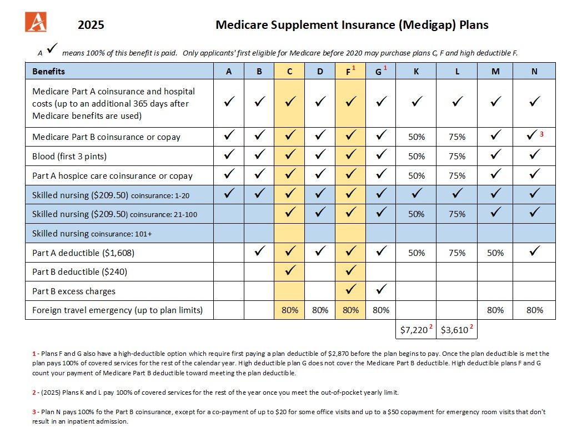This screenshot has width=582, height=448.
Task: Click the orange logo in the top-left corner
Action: click(x=36, y=22)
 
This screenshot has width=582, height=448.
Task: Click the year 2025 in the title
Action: click(x=91, y=25)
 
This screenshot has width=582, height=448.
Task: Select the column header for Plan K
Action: click(x=416, y=71)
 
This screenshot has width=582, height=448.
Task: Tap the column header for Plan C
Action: click(x=289, y=71)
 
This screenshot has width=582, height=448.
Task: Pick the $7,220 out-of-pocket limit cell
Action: click(x=416, y=330)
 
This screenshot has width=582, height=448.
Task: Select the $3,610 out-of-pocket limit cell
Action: click(x=456, y=330)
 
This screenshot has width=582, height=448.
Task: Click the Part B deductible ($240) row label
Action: click(x=80, y=272)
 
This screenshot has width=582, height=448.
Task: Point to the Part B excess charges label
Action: click(x=74, y=291)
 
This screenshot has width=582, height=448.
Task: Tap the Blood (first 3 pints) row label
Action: click(x=69, y=156)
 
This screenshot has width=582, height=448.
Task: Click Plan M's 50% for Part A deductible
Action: click(x=495, y=253)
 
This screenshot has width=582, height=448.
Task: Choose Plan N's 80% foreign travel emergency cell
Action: click(x=534, y=310)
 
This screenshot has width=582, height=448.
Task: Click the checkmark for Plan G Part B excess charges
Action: click(x=381, y=289)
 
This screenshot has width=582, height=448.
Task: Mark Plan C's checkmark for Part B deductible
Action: click(x=290, y=270)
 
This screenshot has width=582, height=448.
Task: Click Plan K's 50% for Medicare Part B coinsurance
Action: click(x=417, y=137)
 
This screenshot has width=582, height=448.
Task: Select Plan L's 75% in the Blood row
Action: click(x=457, y=156)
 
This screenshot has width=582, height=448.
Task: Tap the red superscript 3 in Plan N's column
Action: click(x=541, y=134)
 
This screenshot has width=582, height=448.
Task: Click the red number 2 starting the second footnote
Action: click(x=34, y=392)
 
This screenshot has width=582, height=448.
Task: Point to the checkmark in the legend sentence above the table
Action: click(x=52, y=48)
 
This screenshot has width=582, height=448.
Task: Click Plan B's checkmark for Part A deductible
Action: click(x=260, y=250)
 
